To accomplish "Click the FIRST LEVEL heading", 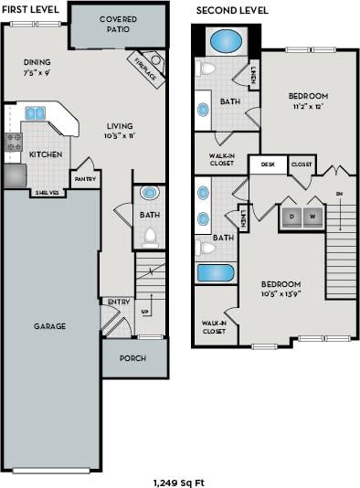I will [x=31, y=9].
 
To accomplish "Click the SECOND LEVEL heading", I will [x=232, y=9].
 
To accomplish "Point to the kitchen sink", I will [x=36, y=113].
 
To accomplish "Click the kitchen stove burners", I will [x=13, y=142].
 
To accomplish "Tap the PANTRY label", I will [x=85, y=179].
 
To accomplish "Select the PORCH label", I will [x=132, y=358].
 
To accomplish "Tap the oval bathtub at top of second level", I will [x=226, y=41].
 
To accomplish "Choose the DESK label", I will [x=268, y=164].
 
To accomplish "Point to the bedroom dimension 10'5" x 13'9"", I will [x=281, y=293].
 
